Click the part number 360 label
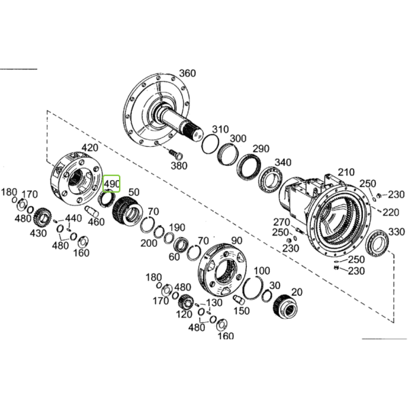pyautogui.click(x=188, y=73)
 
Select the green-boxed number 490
pyautogui.click(x=112, y=184)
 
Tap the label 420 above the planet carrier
pyautogui.click(x=90, y=148)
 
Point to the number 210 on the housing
pyautogui.click(x=346, y=172)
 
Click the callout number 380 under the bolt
pyautogui.click(x=179, y=165)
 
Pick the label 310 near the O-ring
pyautogui.click(x=220, y=129)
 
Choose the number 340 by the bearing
pyautogui.click(x=283, y=163)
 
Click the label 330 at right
pyautogui.click(x=396, y=231)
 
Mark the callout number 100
pyautogui.click(x=262, y=271)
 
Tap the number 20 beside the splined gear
pyautogui.click(x=297, y=292)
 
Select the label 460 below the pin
pyautogui.click(x=97, y=222)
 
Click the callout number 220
pyautogui.click(x=390, y=212)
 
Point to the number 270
pyautogui.click(x=282, y=222)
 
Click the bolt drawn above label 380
pyautogui.click(x=176, y=154)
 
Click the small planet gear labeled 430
pyautogui.click(x=42, y=216)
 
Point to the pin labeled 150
pyautogui.click(x=239, y=299)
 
